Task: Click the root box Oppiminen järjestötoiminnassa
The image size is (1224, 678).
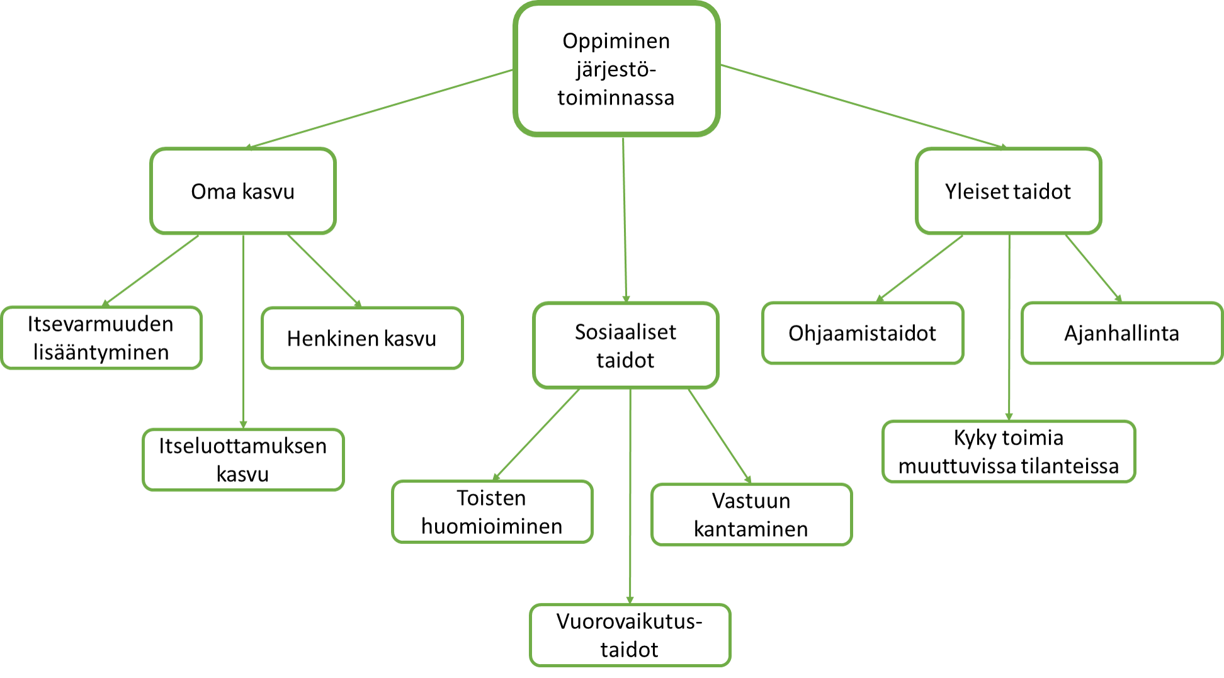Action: pos(616,69)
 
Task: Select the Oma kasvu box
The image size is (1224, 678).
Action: pos(243,191)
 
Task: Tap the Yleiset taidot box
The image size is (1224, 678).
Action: pos(1008,191)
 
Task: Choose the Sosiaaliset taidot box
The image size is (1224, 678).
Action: pos(625,346)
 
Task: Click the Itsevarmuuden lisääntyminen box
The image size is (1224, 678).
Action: pos(101,338)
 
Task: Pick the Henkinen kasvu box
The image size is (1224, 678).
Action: pos(362,339)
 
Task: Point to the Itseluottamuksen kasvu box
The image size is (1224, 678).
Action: pos(243,460)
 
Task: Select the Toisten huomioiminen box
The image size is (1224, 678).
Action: pos(492,512)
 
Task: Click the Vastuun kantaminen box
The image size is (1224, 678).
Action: pos(751,514)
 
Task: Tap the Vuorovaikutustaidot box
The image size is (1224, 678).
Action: pos(630,635)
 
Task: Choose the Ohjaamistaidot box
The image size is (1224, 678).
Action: pos(863,333)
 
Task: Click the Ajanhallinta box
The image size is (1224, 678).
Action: pos(1121,333)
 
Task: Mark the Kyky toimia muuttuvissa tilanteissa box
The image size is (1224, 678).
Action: pos(1009,451)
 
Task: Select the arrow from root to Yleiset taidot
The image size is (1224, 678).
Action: pos(863,106)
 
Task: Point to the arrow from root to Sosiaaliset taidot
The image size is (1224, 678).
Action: pos(625,220)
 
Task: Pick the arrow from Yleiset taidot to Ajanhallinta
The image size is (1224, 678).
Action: pos(1093,268)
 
